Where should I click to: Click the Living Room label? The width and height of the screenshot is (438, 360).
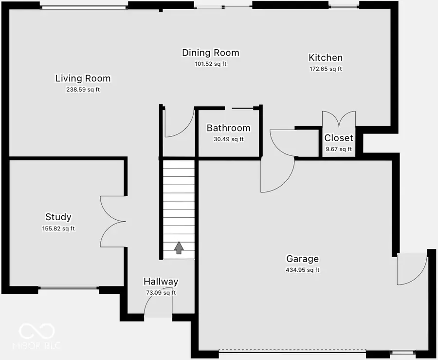tap(83, 78)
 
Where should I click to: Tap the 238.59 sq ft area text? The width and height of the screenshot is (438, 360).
tap(83, 90)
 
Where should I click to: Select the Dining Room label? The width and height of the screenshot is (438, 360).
tap(211, 53)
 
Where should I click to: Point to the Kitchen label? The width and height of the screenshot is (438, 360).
tap(326, 57)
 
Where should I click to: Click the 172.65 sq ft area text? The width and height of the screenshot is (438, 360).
tap(326, 69)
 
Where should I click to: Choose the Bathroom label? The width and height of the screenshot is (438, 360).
tap(228, 128)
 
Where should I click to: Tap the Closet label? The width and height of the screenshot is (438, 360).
tap(339, 138)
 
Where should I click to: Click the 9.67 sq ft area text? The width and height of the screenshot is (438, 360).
tap(338, 149)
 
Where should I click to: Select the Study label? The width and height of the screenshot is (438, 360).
tap(58, 217)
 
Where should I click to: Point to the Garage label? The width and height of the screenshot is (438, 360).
tap(302, 259)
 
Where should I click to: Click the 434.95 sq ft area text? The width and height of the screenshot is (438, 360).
tap(302, 270)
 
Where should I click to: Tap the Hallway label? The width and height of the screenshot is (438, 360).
tap(161, 282)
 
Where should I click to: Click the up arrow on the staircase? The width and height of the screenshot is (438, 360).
tap(179, 248)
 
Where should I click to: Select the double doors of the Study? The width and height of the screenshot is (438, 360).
tap(113, 221)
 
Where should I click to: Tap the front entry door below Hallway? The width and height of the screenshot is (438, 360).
tap(158, 307)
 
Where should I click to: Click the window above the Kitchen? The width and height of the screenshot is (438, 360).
tap(344, 5)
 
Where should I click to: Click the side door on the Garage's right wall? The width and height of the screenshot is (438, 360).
tap(411, 269)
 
